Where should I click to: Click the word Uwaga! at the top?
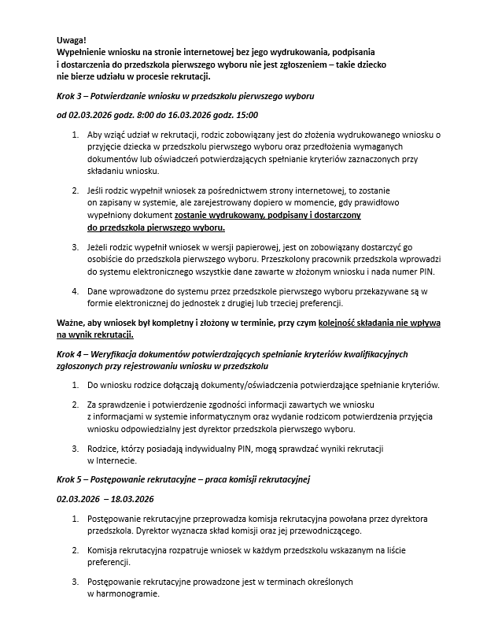(x=72, y=39)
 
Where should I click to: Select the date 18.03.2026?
(x=132, y=498)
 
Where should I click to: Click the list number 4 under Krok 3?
(x=75, y=290)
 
